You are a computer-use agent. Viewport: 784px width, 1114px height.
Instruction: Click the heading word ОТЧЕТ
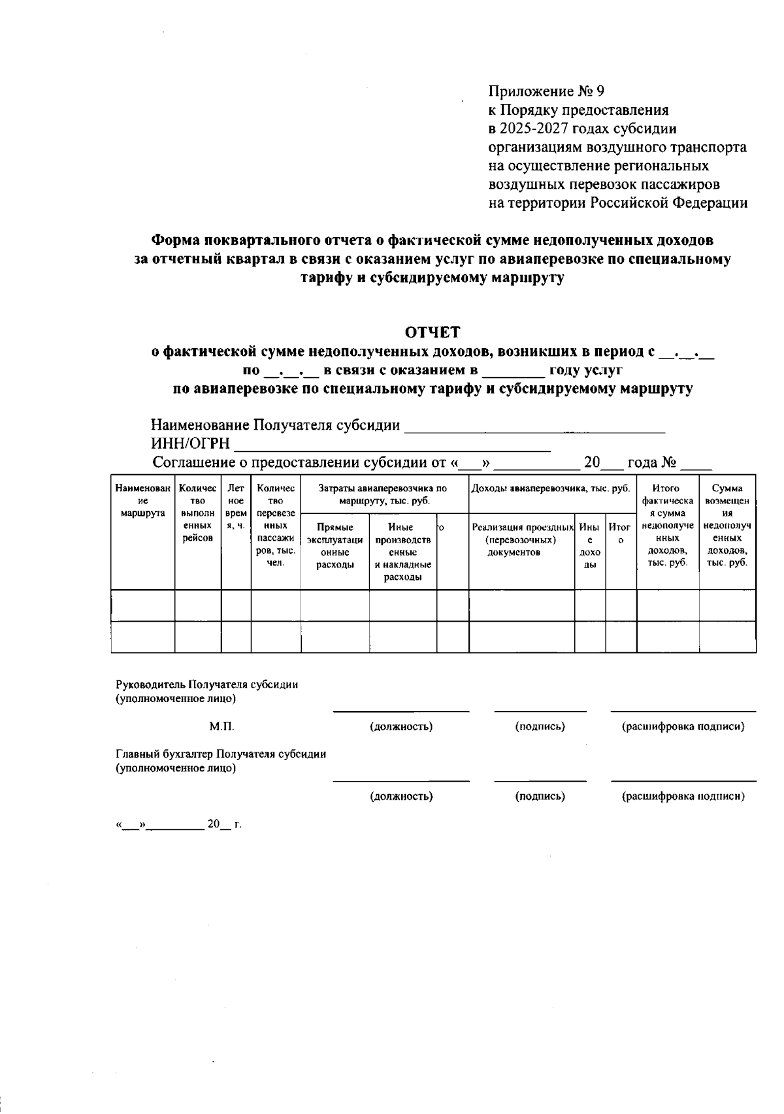(433, 332)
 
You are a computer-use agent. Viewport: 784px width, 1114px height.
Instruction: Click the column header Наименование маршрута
(143, 500)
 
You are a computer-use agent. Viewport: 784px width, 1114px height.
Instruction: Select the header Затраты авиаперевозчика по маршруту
(384, 494)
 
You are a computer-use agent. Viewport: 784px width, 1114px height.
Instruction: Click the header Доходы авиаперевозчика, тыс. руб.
(551, 488)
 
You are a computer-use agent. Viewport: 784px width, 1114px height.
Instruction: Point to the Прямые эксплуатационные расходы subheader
(335, 546)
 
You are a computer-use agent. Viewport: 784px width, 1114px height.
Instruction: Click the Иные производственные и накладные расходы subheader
(402, 552)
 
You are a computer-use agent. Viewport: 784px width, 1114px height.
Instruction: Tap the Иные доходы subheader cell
(589, 546)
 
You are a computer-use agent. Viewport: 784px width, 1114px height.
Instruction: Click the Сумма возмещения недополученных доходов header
(727, 525)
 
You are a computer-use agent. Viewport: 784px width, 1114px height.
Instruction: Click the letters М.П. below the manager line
(221, 727)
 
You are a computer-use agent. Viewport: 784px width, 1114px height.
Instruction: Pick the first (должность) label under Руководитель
(401, 727)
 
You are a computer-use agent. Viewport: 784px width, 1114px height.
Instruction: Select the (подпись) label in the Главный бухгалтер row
(540, 796)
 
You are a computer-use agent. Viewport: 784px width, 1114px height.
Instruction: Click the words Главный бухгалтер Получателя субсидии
(221, 754)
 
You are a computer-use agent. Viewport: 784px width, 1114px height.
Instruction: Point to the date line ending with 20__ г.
(179, 825)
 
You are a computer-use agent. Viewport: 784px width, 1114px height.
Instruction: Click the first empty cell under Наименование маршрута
(143, 605)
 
